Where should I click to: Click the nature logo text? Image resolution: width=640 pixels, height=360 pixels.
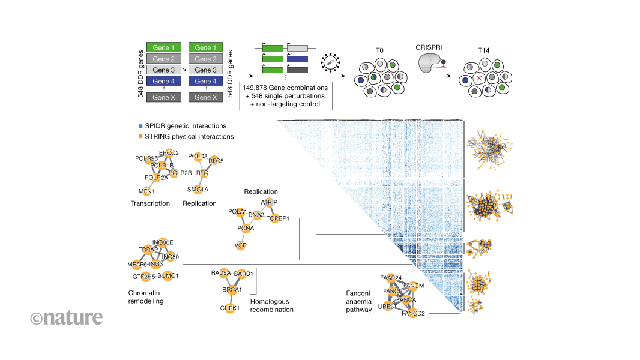[67, 317]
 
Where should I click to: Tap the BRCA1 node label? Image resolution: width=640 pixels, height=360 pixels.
[231, 289]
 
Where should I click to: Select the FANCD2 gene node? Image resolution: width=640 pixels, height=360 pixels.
[414, 313]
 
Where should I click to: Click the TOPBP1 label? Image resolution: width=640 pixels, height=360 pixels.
[278, 219]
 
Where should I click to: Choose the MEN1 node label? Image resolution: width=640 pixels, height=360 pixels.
[146, 191]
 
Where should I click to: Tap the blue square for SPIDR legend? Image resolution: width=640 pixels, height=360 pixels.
[140, 126]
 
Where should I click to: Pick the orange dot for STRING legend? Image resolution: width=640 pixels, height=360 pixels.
[140, 136]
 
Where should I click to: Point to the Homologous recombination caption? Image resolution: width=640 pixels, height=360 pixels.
[271, 305]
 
